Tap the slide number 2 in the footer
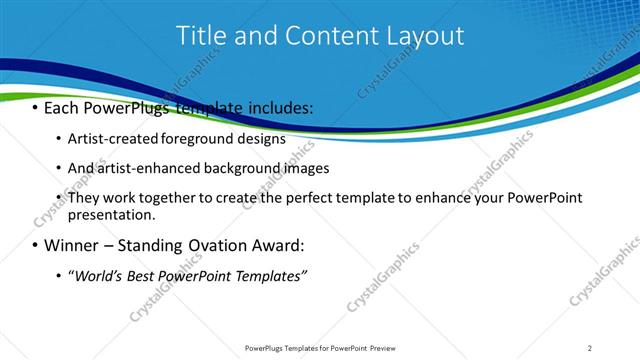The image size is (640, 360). (x=590, y=348)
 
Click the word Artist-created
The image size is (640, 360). (x=109, y=139)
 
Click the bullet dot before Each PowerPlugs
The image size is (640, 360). (x=34, y=107)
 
